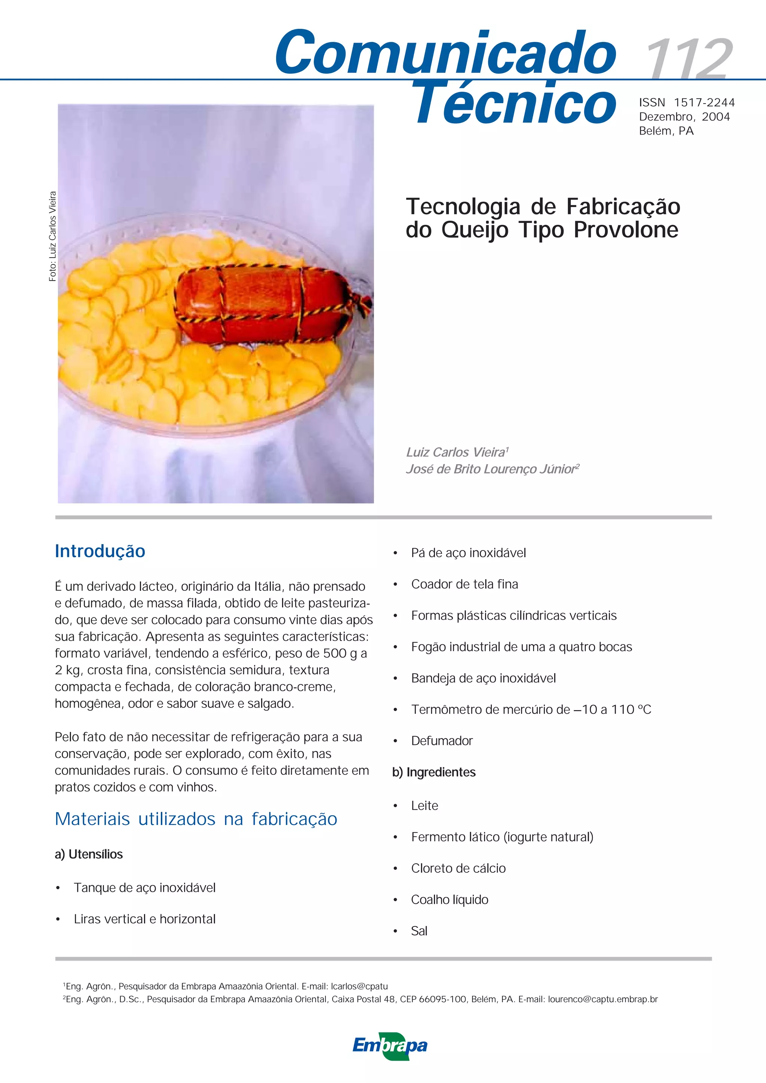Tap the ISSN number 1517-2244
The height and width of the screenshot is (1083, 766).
click(x=704, y=103)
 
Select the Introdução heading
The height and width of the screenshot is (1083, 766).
click(x=100, y=551)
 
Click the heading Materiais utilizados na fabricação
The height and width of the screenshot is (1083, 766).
click(x=196, y=819)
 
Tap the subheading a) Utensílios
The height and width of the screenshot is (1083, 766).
click(x=89, y=854)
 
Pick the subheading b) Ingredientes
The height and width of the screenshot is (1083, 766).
click(x=434, y=772)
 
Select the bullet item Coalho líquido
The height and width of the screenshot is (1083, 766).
click(x=450, y=899)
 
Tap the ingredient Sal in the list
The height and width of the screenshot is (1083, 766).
click(x=419, y=931)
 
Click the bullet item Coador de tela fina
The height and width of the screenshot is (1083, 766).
click(x=464, y=585)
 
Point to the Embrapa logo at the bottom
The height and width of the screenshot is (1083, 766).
click(x=390, y=1046)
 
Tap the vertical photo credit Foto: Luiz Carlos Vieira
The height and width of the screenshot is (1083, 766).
click(x=52, y=236)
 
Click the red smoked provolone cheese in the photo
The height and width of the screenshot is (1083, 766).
click(x=260, y=302)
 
